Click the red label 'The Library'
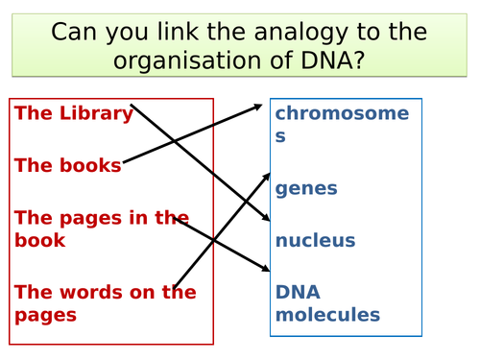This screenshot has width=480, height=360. point(74,113)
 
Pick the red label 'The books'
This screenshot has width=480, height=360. point(68,165)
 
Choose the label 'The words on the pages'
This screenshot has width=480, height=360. point(104,302)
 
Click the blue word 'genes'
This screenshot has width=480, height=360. point(306,188)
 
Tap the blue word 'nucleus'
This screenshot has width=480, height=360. point(315,240)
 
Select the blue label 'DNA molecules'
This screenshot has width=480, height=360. point(327,302)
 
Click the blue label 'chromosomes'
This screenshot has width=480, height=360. point(341,124)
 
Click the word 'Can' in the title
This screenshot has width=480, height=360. point(76,32)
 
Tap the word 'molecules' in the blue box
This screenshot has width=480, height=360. point(327,314)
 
